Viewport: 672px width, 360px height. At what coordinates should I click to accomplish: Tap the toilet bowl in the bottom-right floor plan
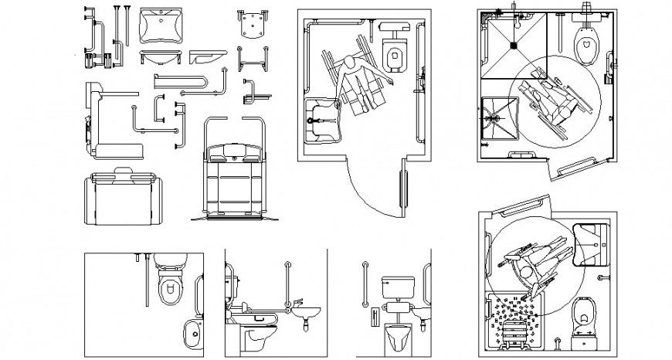coord(584,318)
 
